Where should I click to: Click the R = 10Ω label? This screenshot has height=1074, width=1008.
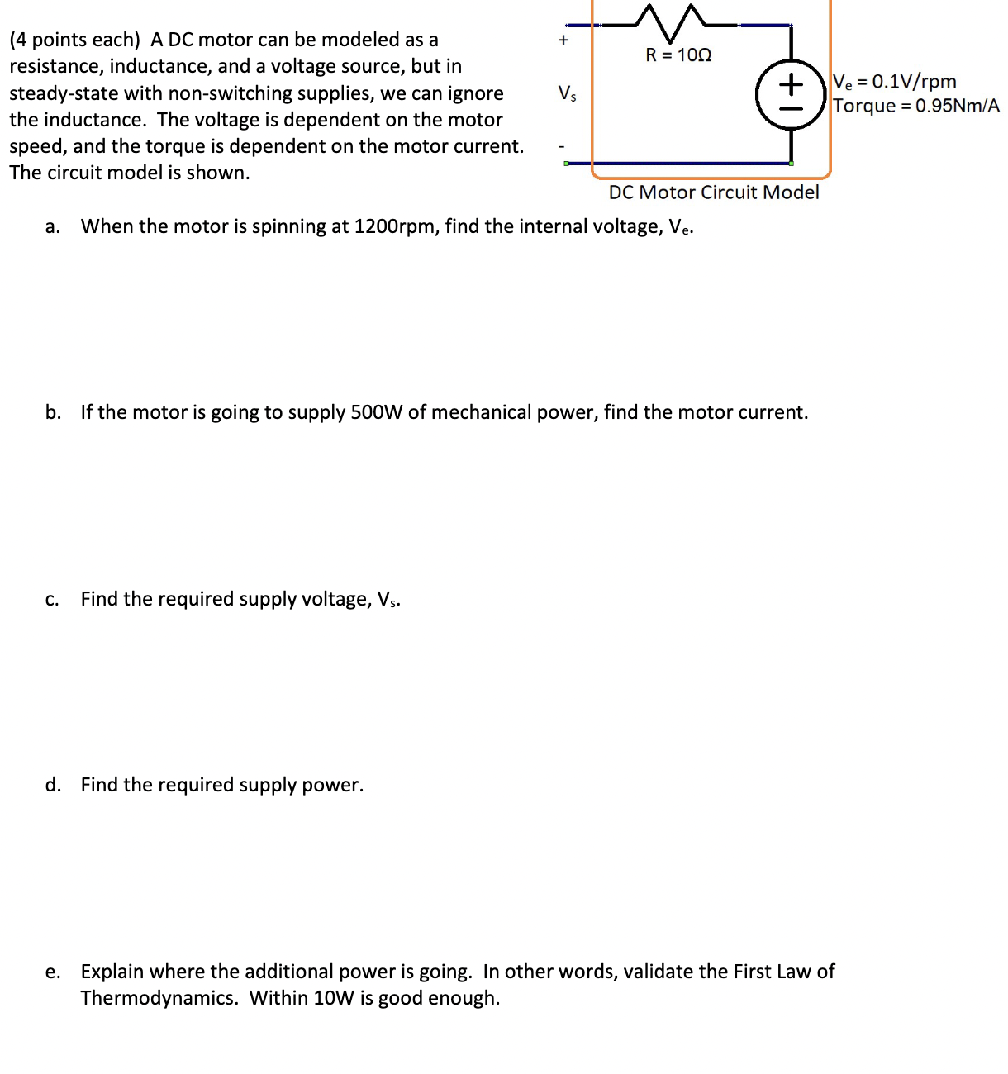point(678,55)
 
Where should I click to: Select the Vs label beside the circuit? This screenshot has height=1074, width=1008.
point(567,93)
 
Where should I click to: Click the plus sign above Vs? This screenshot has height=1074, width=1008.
point(563,39)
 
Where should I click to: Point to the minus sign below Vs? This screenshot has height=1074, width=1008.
point(563,147)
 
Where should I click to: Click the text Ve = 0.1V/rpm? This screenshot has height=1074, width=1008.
point(895,81)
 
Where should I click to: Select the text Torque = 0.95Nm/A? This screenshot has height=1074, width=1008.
point(915,106)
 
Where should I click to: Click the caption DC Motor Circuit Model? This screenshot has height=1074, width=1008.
point(714,192)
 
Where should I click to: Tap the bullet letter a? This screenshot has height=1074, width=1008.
point(52,227)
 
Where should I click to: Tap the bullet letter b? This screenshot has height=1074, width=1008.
point(53,412)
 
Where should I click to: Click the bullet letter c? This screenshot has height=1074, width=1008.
point(52,600)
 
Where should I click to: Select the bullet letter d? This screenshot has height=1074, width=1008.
point(53,785)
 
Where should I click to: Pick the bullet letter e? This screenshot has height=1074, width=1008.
point(52,972)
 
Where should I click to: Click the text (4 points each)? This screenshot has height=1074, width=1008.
point(74,40)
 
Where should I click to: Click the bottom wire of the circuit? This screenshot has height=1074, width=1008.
point(678,164)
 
